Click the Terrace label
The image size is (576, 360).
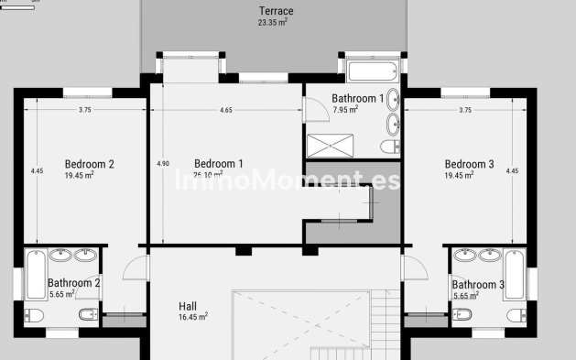pyautogui.click(x=276, y=11)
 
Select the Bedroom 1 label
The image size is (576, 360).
pyautogui.click(x=219, y=164)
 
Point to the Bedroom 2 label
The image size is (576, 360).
pyautogui.click(x=89, y=164)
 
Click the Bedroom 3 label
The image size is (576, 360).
pyautogui.click(x=469, y=164)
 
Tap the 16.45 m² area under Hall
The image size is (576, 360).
pyautogui.click(x=192, y=317)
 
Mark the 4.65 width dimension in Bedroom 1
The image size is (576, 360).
pyautogui.click(x=225, y=110)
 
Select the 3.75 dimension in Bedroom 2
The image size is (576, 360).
pyautogui.click(x=84, y=110)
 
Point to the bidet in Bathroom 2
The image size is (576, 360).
pyautogui.click(x=86, y=315)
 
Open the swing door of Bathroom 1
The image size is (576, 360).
pyautogui.click(x=316, y=108)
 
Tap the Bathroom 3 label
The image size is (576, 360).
pyautogui.click(x=477, y=285)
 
